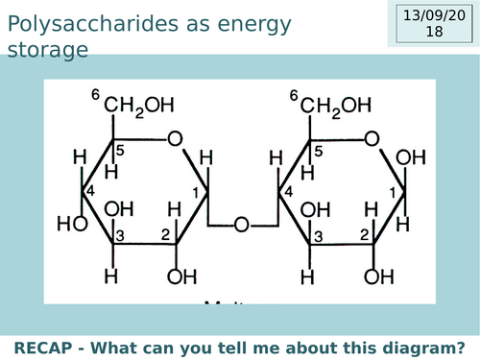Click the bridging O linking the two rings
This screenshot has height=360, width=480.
pos(242,227)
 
